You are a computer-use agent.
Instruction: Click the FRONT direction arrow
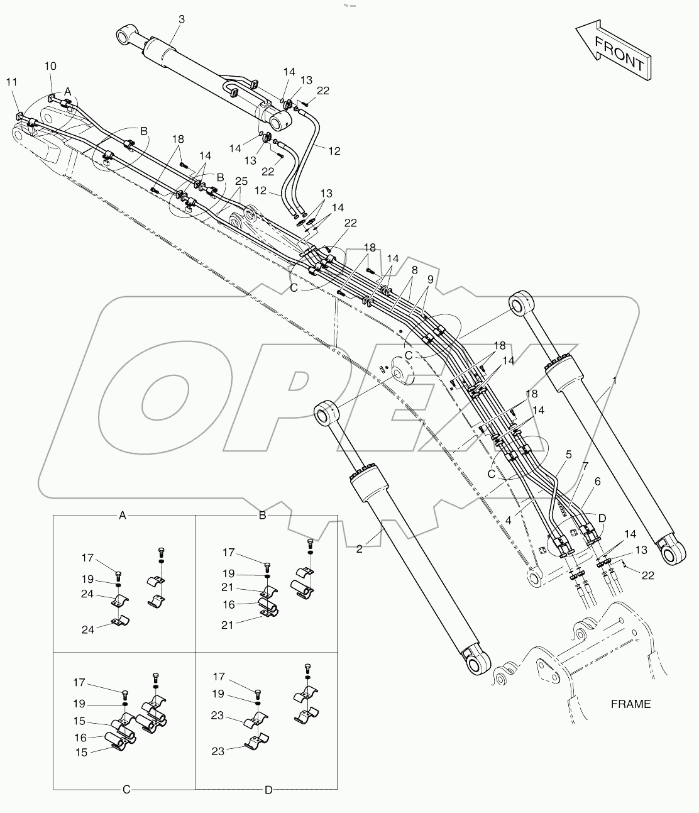point(613,51)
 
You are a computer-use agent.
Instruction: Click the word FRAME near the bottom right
point(630,704)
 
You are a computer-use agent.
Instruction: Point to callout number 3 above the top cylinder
point(182,19)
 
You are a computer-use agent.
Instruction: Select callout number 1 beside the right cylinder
point(614,381)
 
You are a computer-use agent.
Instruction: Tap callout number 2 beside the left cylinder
point(359,549)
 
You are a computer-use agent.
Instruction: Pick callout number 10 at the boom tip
point(50,66)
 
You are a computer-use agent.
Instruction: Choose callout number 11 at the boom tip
point(11,82)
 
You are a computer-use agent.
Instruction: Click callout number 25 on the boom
point(241,181)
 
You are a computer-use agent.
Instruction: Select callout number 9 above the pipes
point(429,279)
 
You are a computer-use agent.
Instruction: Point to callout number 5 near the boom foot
point(568,453)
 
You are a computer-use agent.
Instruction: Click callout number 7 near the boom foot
point(585,466)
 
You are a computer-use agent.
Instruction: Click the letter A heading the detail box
point(123,516)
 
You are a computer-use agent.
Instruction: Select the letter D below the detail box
point(268,789)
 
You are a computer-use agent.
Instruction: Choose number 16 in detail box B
point(229,604)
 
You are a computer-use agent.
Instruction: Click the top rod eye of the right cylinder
point(522,306)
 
